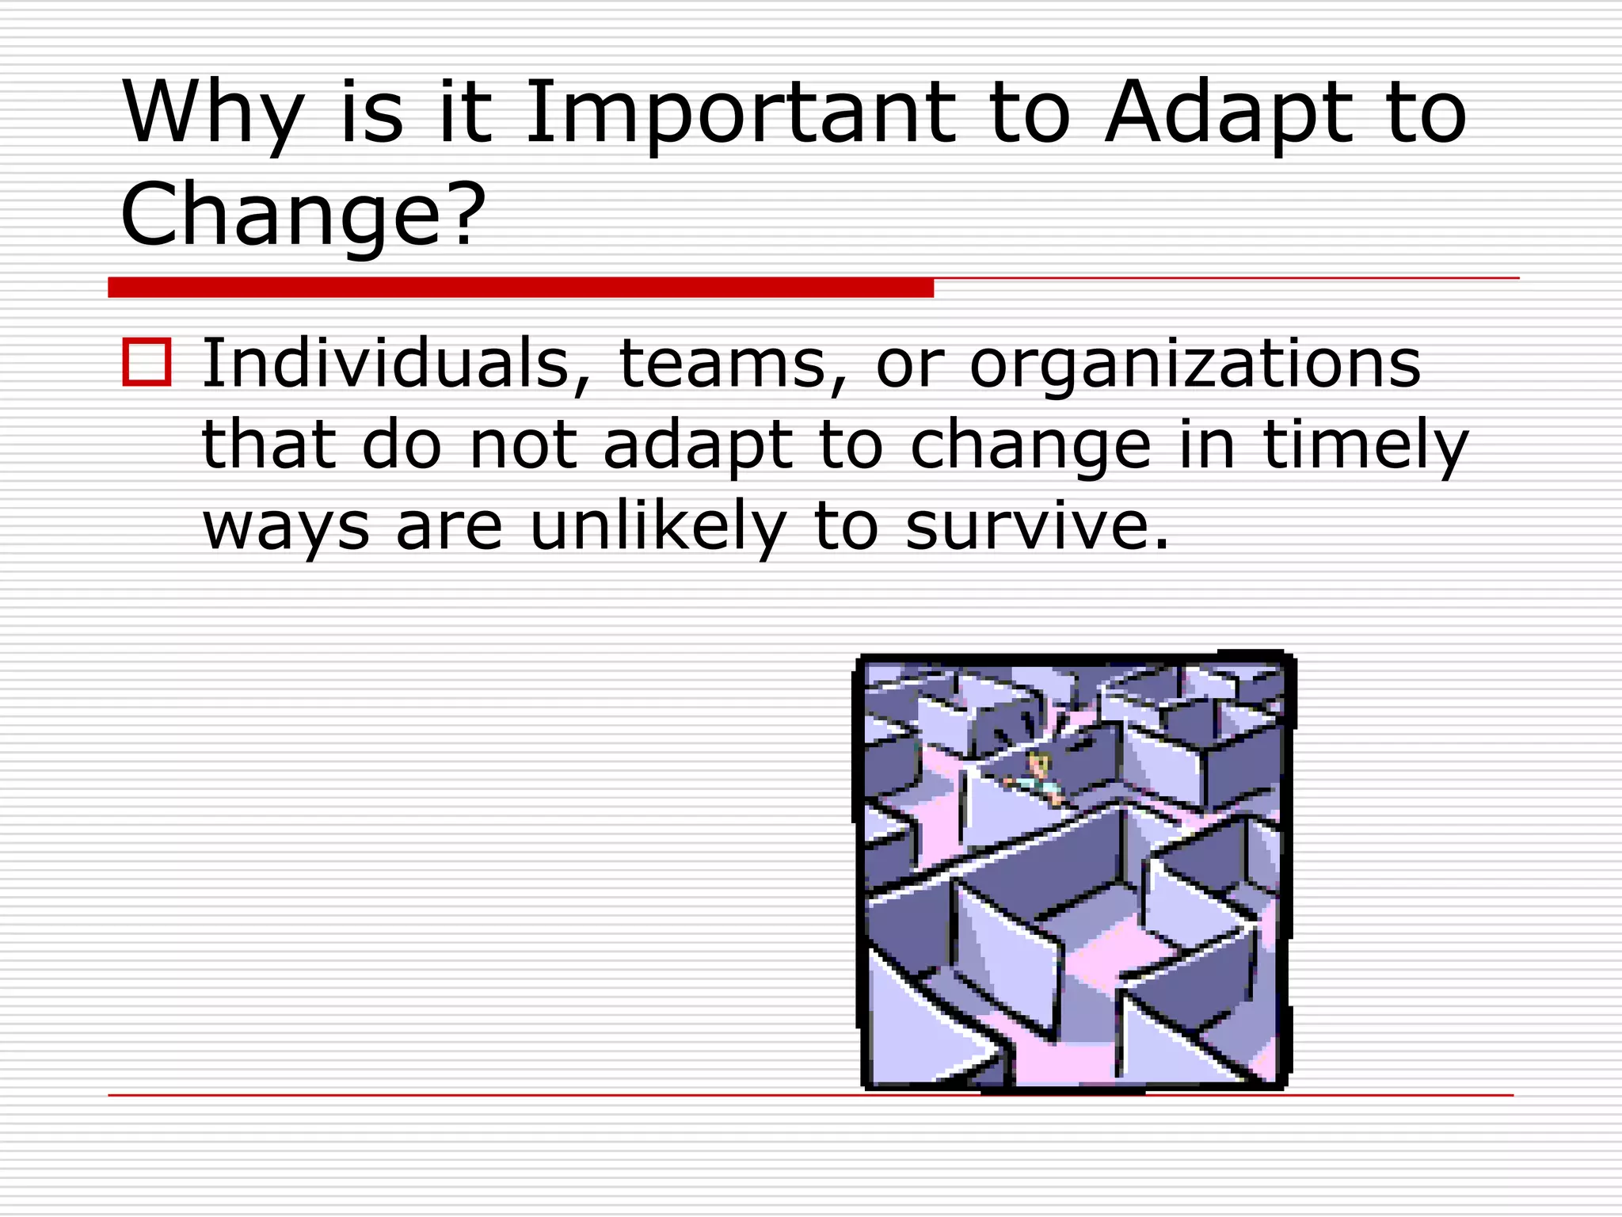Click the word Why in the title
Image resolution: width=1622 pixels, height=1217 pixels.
tap(212, 113)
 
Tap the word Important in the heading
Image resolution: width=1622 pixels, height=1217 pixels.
tap(740, 113)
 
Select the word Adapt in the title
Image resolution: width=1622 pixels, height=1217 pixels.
tap(1229, 113)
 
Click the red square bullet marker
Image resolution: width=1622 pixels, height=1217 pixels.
tap(147, 362)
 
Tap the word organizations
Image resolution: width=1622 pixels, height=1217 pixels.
tap(1195, 364)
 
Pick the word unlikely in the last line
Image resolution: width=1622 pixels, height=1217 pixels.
tap(658, 526)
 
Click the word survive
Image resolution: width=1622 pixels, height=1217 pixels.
tap(1037, 526)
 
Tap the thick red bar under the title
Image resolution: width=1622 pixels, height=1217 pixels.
tap(520, 288)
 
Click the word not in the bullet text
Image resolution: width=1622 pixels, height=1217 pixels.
tap(523, 445)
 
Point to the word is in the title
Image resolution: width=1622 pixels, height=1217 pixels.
tap(372, 113)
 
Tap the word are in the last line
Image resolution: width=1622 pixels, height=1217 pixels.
tap(449, 528)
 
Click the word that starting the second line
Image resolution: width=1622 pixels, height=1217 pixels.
tap(268, 445)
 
